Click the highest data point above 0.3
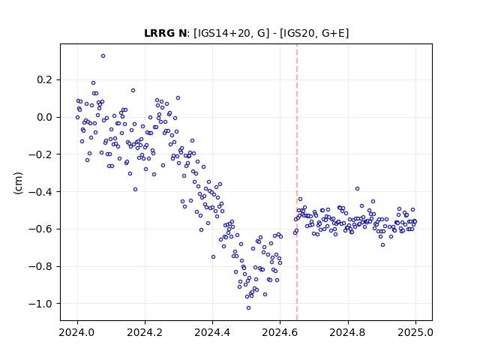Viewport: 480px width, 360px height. [x=103, y=56]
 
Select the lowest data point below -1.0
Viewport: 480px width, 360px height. [x=248, y=308]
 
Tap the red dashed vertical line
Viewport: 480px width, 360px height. [x=297, y=182]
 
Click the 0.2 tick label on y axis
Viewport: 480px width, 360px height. [x=45, y=80]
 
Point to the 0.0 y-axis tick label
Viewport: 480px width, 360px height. [x=45, y=117]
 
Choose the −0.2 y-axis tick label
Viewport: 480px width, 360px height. [x=40, y=154]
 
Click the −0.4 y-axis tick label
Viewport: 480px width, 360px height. [x=40, y=192]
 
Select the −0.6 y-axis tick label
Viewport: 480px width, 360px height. [x=40, y=229]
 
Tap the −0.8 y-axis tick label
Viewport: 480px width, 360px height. [x=40, y=266]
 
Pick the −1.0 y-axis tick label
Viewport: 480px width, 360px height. [x=40, y=304]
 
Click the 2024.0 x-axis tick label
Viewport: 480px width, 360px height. [x=77, y=332]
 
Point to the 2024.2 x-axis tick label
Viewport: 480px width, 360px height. [x=145, y=332]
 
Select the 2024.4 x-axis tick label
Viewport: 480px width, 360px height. [x=212, y=332]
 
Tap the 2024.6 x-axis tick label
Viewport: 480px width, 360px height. [x=280, y=332]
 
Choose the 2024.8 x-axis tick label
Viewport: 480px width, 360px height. [x=348, y=332]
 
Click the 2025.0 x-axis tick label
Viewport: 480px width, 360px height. [x=415, y=332]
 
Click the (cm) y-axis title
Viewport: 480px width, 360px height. [x=18, y=183]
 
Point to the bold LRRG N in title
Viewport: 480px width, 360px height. [x=165, y=33]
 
